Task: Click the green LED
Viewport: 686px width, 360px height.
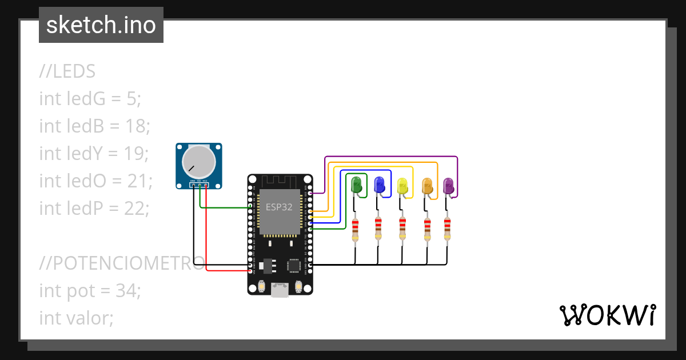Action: pyautogui.click(x=357, y=185)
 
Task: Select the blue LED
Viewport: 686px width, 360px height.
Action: pyautogui.click(x=379, y=185)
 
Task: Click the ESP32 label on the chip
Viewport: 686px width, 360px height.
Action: pyautogui.click(x=279, y=207)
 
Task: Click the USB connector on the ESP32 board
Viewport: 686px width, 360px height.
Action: pyautogui.click(x=280, y=290)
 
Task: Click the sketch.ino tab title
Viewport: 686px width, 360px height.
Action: pyautogui.click(x=101, y=25)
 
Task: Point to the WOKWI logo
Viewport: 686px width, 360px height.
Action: pyautogui.click(x=607, y=315)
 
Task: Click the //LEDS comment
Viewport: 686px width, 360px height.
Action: pyautogui.click(x=67, y=71)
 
